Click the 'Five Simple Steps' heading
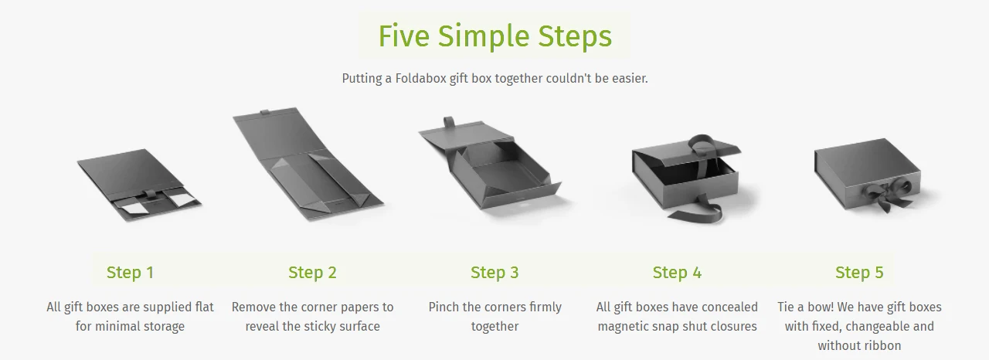pyautogui.click(x=495, y=36)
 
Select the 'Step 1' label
pyautogui.click(x=131, y=273)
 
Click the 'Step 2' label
pyautogui.click(x=313, y=273)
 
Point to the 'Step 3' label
pyautogui.click(x=494, y=273)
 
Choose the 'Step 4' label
pyautogui.click(x=677, y=273)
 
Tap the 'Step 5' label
pyautogui.click(x=859, y=273)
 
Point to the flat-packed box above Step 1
pyautogui.click(x=139, y=185)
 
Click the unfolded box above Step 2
pyautogui.click(x=308, y=164)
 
